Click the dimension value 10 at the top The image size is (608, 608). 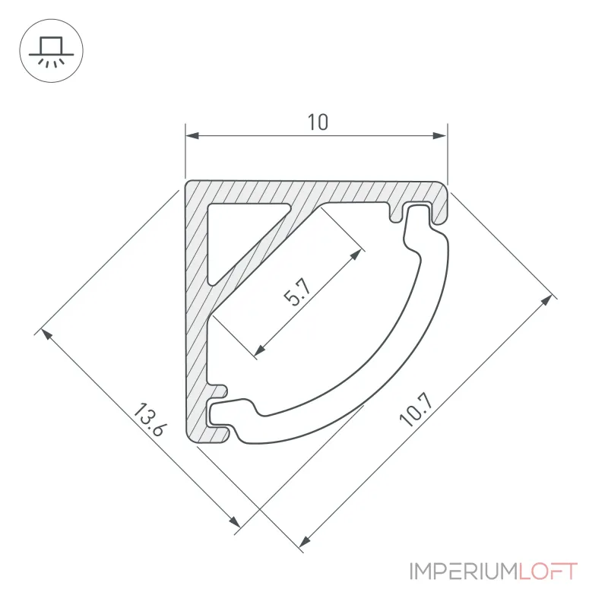tap(318, 122)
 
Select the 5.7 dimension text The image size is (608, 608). tap(298, 293)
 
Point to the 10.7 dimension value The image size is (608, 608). tap(415, 410)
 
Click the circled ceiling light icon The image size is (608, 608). tap(51, 51)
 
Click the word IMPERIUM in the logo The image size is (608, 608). tap(464, 572)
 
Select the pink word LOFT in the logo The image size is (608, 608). tap(548, 572)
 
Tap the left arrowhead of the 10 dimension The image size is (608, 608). tap(192, 136)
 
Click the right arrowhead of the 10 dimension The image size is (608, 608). tap(440, 136)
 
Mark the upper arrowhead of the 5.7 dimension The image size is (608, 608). tap(356, 255)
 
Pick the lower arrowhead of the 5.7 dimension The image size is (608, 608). tap(260, 350)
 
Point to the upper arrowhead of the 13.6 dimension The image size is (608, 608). tap(46, 334)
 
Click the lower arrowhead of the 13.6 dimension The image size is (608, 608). tap(235, 522)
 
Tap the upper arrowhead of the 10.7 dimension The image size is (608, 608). tap(546, 300)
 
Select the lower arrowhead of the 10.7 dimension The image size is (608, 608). tap(306, 541)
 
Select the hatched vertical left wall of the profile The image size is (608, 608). tap(197, 310)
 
